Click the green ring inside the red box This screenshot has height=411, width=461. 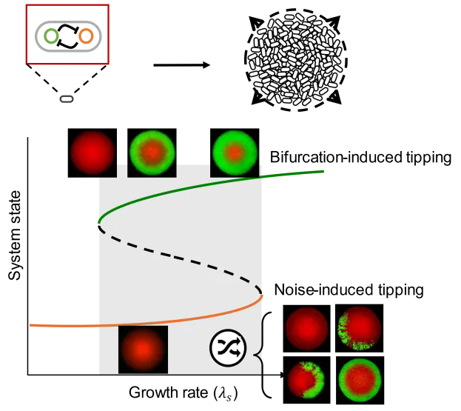pyautogui.click(x=50, y=36)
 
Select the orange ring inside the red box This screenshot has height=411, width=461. pyautogui.click(x=86, y=36)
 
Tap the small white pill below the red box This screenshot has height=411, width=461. pyautogui.click(x=67, y=99)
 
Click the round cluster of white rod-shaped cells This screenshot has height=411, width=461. pyautogui.click(x=296, y=59)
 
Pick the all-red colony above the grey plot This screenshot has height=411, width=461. pyautogui.click(x=92, y=153)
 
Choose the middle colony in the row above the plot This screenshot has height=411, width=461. pyautogui.click(x=152, y=153)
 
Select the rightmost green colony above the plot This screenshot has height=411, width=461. pyautogui.click(x=235, y=153)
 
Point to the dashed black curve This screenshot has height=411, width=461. pyautogui.click(x=185, y=256)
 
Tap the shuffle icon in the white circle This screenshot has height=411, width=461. pyautogui.click(x=228, y=348)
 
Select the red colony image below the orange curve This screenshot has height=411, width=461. pyautogui.click(x=143, y=350)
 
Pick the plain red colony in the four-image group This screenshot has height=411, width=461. pyautogui.click(x=306, y=328)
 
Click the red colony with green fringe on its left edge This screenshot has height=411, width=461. pyautogui.click(x=359, y=328)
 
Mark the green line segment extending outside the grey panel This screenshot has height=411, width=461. pyautogui.click(x=296, y=174)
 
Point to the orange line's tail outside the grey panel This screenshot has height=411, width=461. pyautogui.click(x=63, y=324)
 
